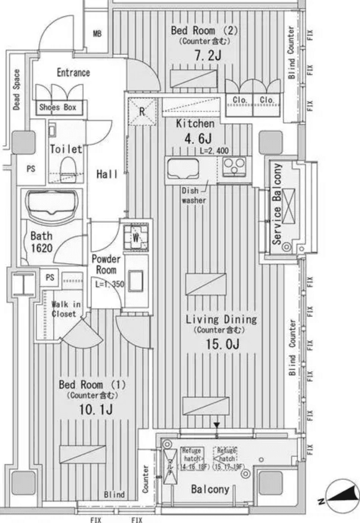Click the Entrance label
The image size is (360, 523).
pyautogui.click(x=73, y=73)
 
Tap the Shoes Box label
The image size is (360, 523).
pyautogui.click(x=57, y=108)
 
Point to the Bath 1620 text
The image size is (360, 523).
pyautogui.click(x=41, y=242)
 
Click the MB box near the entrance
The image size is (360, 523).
pyautogui.click(x=97, y=34)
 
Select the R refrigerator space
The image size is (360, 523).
pyautogui.click(x=141, y=111)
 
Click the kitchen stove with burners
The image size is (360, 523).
pyautogui.click(x=235, y=166)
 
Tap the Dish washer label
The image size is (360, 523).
pyautogui.click(x=194, y=195)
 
